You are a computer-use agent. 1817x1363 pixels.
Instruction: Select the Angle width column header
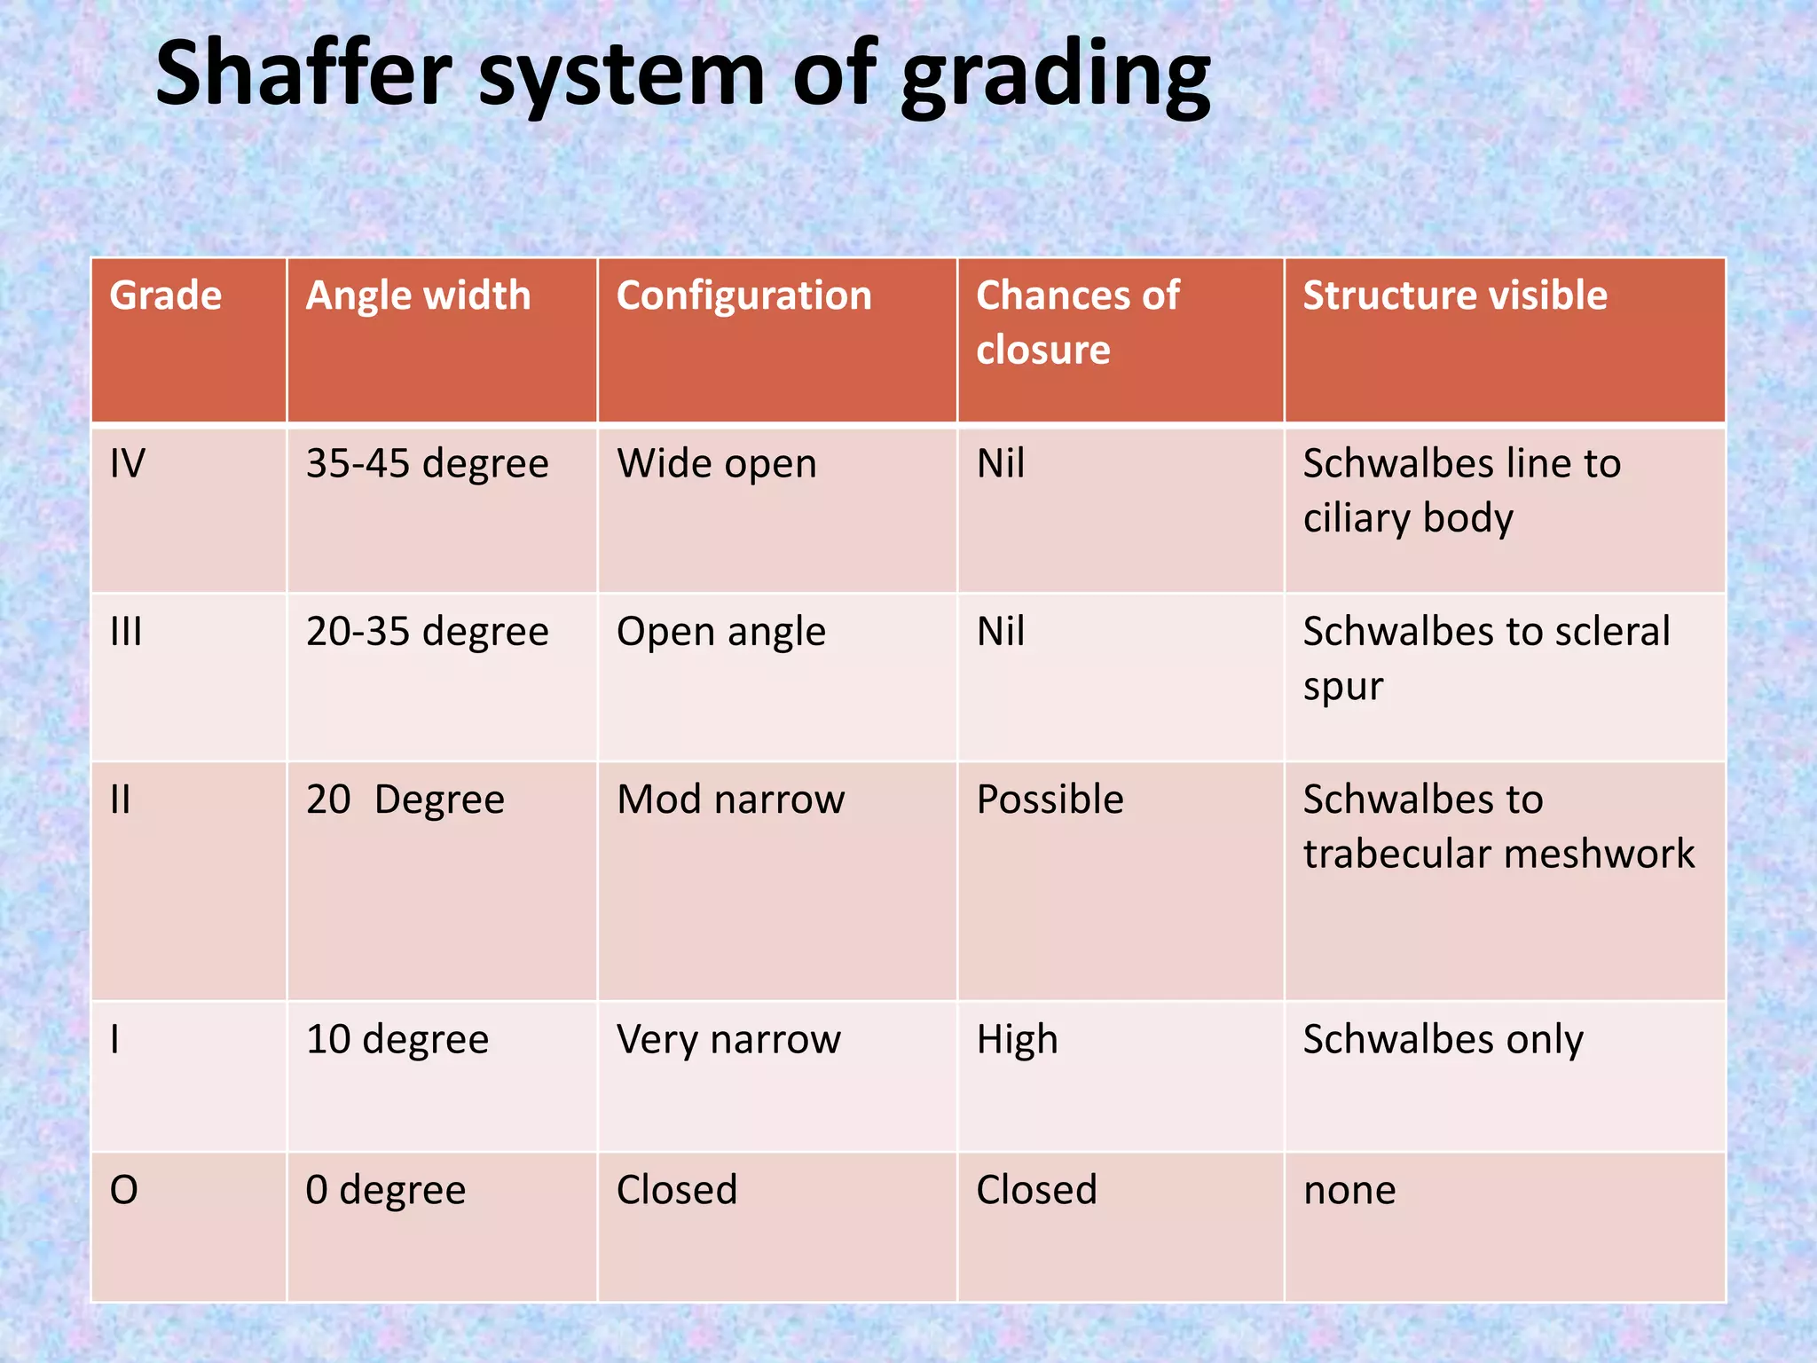[418, 295]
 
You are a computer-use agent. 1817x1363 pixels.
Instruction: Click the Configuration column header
[743, 295]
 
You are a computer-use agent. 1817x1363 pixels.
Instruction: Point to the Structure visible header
[1454, 295]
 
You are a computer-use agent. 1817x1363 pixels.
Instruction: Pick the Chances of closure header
[1077, 322]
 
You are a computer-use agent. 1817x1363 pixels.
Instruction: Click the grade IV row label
[128, 464]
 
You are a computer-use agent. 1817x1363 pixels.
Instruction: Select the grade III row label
[126, 632]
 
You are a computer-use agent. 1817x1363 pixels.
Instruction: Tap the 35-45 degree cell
[427, 464]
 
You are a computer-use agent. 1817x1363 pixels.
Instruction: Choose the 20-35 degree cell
[427, 632]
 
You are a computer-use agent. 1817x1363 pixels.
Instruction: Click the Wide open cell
[716, 464]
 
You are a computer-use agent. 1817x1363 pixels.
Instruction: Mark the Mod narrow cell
[730, 800]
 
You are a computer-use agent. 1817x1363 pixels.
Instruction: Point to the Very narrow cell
[728, 1039]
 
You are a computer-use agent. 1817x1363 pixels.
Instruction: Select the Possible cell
[1050, 800]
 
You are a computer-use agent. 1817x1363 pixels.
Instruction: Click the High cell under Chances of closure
[1017, 1039]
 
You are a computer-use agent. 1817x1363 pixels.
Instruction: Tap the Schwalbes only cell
[1443, 1039]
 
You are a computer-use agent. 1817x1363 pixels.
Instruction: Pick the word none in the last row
[1349, 1190]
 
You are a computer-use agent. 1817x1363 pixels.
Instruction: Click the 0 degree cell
[385, 1190]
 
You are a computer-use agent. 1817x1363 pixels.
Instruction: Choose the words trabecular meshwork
[1498, 854]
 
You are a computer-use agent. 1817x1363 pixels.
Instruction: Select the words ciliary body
[1408, 518]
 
